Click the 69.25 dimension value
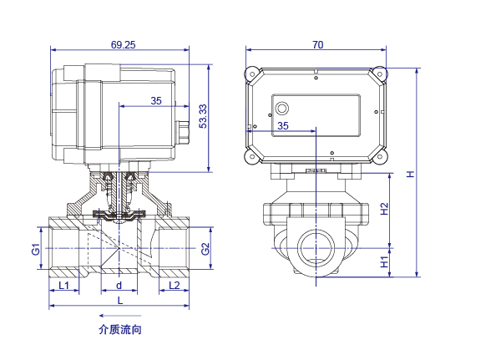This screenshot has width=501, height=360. click(123, 45)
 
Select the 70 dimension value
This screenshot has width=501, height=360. click(317, 45)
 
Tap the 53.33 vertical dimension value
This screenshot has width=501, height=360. click(203, 116)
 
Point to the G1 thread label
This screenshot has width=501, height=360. click(36, 249)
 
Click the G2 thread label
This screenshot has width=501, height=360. click(205, 249)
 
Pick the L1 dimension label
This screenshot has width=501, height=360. click(64, 285)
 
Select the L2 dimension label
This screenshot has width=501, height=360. click(175, 285)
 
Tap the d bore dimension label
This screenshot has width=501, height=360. click(119, 285)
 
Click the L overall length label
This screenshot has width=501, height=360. click(120, 301)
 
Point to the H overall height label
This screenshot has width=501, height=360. click(410, 174)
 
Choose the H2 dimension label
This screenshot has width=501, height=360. click(384, 209)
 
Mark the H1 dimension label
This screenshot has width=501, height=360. click(384, 262)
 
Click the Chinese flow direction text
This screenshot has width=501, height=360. click(120, 330)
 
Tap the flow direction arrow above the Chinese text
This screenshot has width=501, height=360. click(120, 316)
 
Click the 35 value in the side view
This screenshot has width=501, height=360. click(156, 101)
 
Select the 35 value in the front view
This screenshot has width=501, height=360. click(283, 125)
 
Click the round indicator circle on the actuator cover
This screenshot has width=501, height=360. click(282, 109)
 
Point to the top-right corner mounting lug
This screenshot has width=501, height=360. click(380, 74)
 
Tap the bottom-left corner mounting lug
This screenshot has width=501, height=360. click(252, 157)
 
